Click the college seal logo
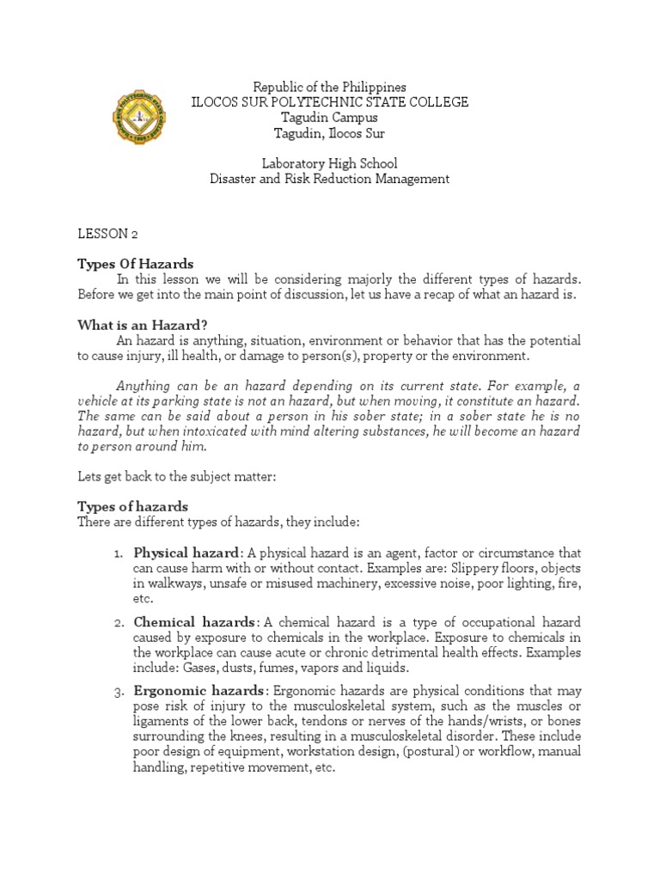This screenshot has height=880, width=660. coord(139,116)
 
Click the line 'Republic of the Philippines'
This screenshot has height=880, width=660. coord(329,88)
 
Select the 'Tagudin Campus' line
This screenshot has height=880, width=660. coord(329,118)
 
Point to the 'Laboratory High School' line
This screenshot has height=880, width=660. coord(329,163)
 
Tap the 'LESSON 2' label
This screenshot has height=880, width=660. coord(108,234)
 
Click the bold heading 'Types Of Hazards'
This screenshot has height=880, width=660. coord(136,264)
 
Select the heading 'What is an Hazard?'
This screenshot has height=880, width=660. coord(143,324)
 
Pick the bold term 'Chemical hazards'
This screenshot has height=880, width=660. coord(194,621)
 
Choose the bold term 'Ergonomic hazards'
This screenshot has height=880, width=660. coord(199,691)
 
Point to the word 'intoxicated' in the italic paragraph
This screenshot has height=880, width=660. coord(220,431)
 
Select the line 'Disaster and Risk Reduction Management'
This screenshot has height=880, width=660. coord(329,179)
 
